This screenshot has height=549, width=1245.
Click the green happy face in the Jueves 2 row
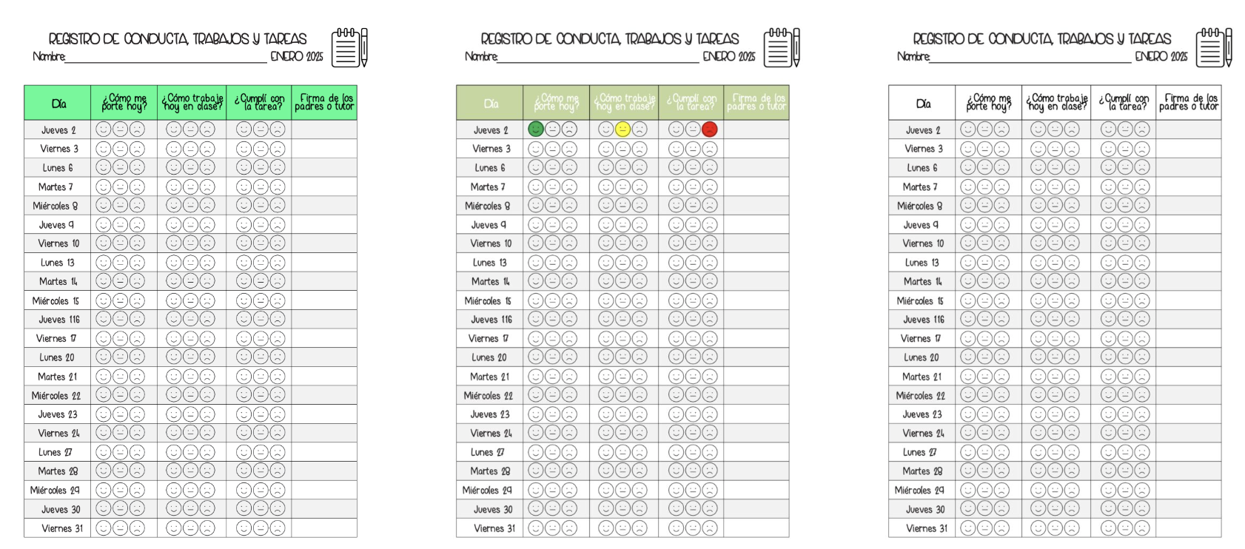tap(535, 129)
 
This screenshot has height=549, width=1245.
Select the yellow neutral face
tap(622, 129)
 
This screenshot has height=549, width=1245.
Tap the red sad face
tap(710, 129)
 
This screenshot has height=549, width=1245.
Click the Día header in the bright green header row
tap(58, 104)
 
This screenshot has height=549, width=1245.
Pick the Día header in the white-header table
tap(923, 104)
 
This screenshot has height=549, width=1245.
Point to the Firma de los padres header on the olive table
tap(756, 103)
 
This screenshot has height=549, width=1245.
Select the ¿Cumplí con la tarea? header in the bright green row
tap(259, 103)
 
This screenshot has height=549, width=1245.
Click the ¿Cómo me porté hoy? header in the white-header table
tap(988, 103)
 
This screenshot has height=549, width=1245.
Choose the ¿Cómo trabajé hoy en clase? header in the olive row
tap(624, 103)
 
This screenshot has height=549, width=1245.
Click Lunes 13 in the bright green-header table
tap(58, 263)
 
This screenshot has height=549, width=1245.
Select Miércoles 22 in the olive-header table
tap(488, 396)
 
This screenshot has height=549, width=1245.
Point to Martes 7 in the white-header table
tap(920, 187)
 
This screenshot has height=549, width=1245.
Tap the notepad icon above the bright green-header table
tap(349, 48)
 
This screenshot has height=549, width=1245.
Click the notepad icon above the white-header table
tap(1214, 48)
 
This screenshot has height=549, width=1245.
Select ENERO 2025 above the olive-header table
tap(728, 56)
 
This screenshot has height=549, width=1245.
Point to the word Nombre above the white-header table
tap(913, 56)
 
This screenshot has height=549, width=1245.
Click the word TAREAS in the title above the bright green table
tap(284, 39)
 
